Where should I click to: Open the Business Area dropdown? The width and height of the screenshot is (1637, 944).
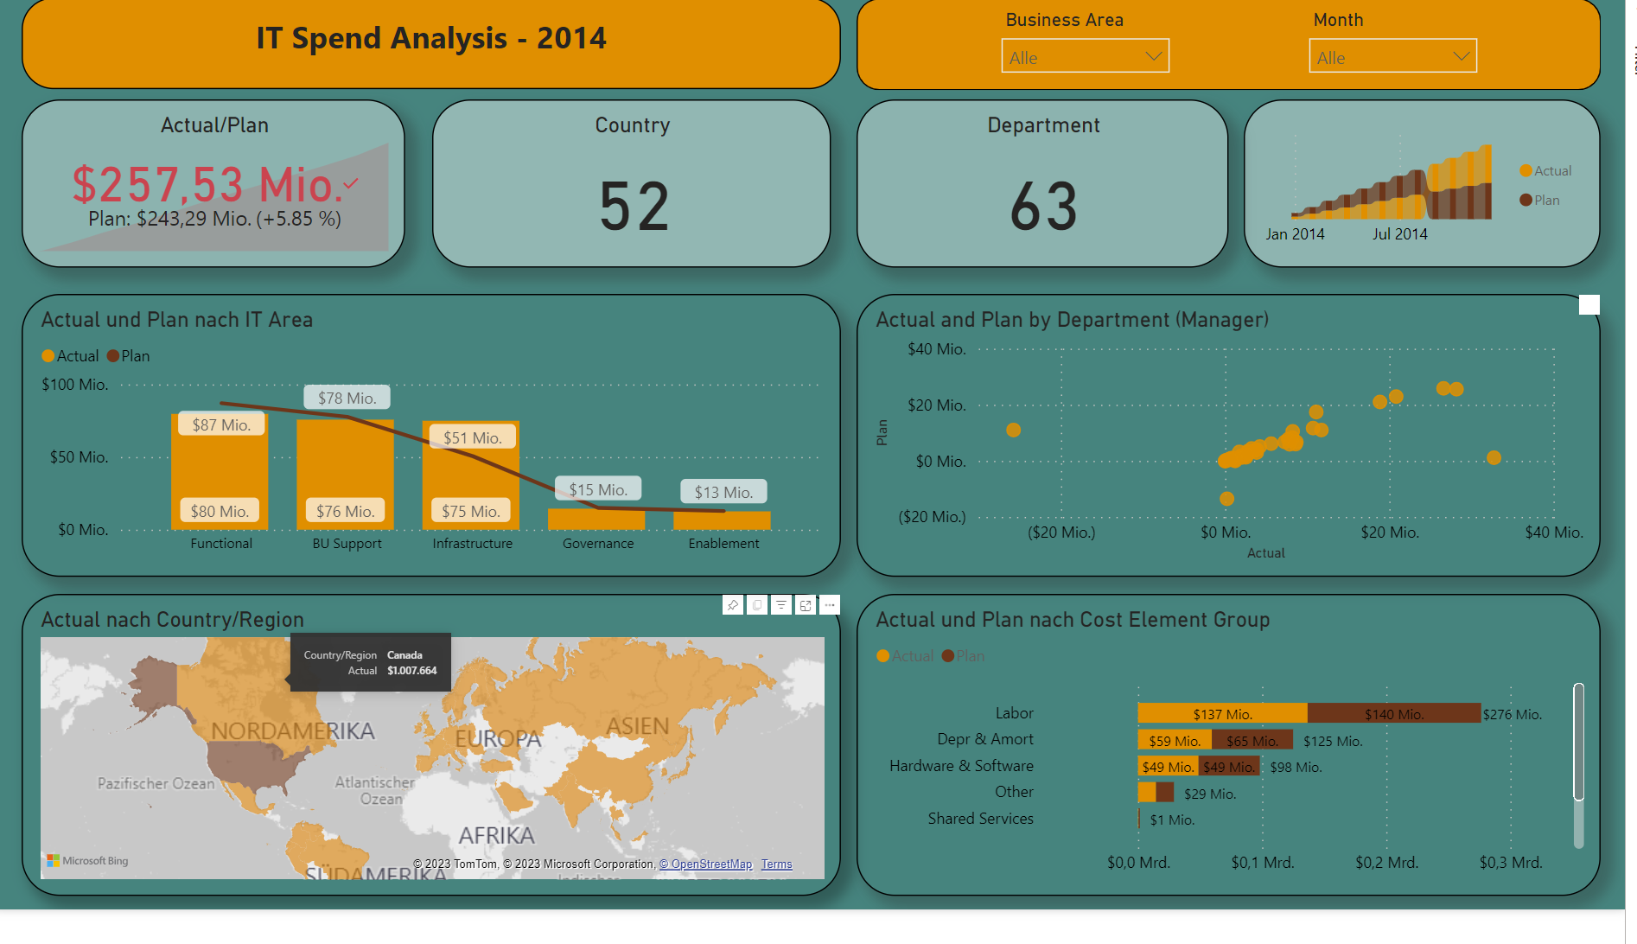1085,56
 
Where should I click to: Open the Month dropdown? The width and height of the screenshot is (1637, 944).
1392,56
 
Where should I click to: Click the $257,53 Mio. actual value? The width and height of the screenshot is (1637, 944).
207,184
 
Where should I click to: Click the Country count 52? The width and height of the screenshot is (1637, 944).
634,207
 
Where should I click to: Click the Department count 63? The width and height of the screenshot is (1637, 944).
1043,207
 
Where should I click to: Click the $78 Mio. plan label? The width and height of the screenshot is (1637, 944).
347,398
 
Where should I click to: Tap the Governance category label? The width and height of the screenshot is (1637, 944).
598,544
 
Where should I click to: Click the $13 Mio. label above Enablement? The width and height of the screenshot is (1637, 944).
723,492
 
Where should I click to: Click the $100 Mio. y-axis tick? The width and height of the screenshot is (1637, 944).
75,385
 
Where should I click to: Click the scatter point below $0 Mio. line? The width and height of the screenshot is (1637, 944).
1226,499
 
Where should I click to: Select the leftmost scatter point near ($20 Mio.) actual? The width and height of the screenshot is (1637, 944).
1014,430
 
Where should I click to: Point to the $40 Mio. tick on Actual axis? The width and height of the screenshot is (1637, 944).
1553,533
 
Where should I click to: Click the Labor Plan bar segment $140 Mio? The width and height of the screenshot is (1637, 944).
1393,714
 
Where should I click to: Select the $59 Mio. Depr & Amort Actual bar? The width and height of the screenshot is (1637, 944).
1175,741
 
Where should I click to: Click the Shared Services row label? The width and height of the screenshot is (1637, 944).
980,819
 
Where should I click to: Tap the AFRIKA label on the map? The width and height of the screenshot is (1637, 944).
496,836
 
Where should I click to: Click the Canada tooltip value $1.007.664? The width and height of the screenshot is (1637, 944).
411,671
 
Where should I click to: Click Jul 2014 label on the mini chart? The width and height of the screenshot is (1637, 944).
1399,234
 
